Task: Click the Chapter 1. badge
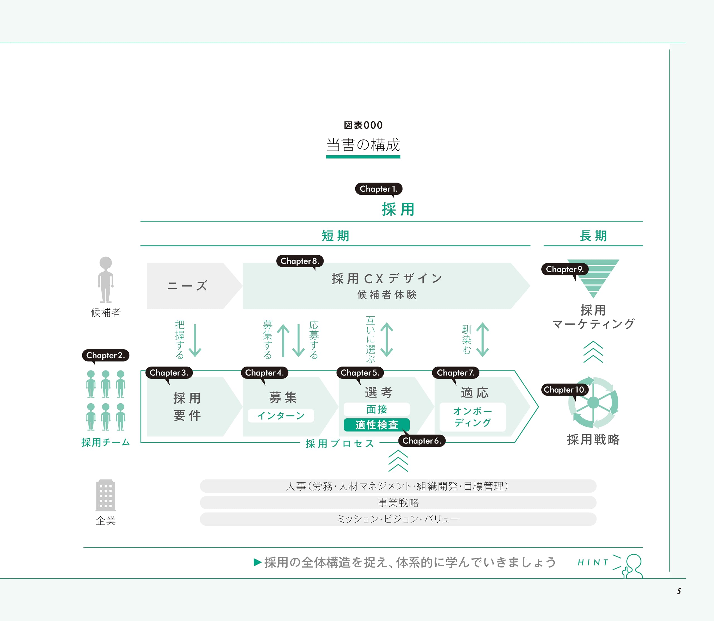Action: (378, 189)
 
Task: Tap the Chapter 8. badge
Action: (300, 261)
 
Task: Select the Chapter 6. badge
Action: (421, 441)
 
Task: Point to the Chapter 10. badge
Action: (564, 390)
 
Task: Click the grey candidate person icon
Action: (105, 279)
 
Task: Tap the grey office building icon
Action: (105, 495)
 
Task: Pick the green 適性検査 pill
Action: (376, 425)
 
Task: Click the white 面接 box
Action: (376, 409)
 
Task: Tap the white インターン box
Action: (281, 416)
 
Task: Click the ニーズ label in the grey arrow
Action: (187, 286)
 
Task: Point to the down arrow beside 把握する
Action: (195, 340)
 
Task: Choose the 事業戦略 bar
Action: (398, 503)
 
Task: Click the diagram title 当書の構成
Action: (363, 145)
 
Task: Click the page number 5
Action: (679, 591)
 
